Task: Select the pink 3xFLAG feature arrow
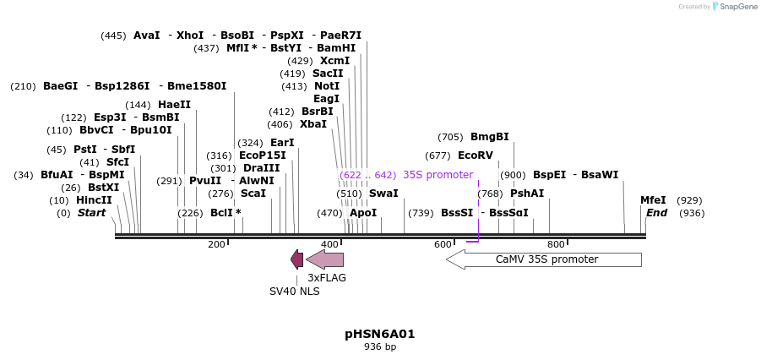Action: point(325,259)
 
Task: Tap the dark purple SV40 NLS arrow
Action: point(296,259)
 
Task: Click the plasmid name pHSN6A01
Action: point(380,334)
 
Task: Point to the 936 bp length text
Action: point(380,347)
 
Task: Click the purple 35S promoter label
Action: point(438,175)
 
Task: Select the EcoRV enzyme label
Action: point(475,155)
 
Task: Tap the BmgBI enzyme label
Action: point(489,137)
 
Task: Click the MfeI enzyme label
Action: point(653,200)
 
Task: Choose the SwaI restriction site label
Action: point(383,194)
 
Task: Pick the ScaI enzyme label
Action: point(253,194)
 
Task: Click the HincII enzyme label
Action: point(94,200)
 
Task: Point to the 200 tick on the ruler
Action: point(216,244)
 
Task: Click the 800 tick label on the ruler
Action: point(556,244)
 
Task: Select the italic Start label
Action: point(91,213)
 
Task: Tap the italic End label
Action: point(656,213)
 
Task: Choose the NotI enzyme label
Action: point(327,86)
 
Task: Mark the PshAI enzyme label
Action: point(527,194)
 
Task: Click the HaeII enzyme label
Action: point(174,105)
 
